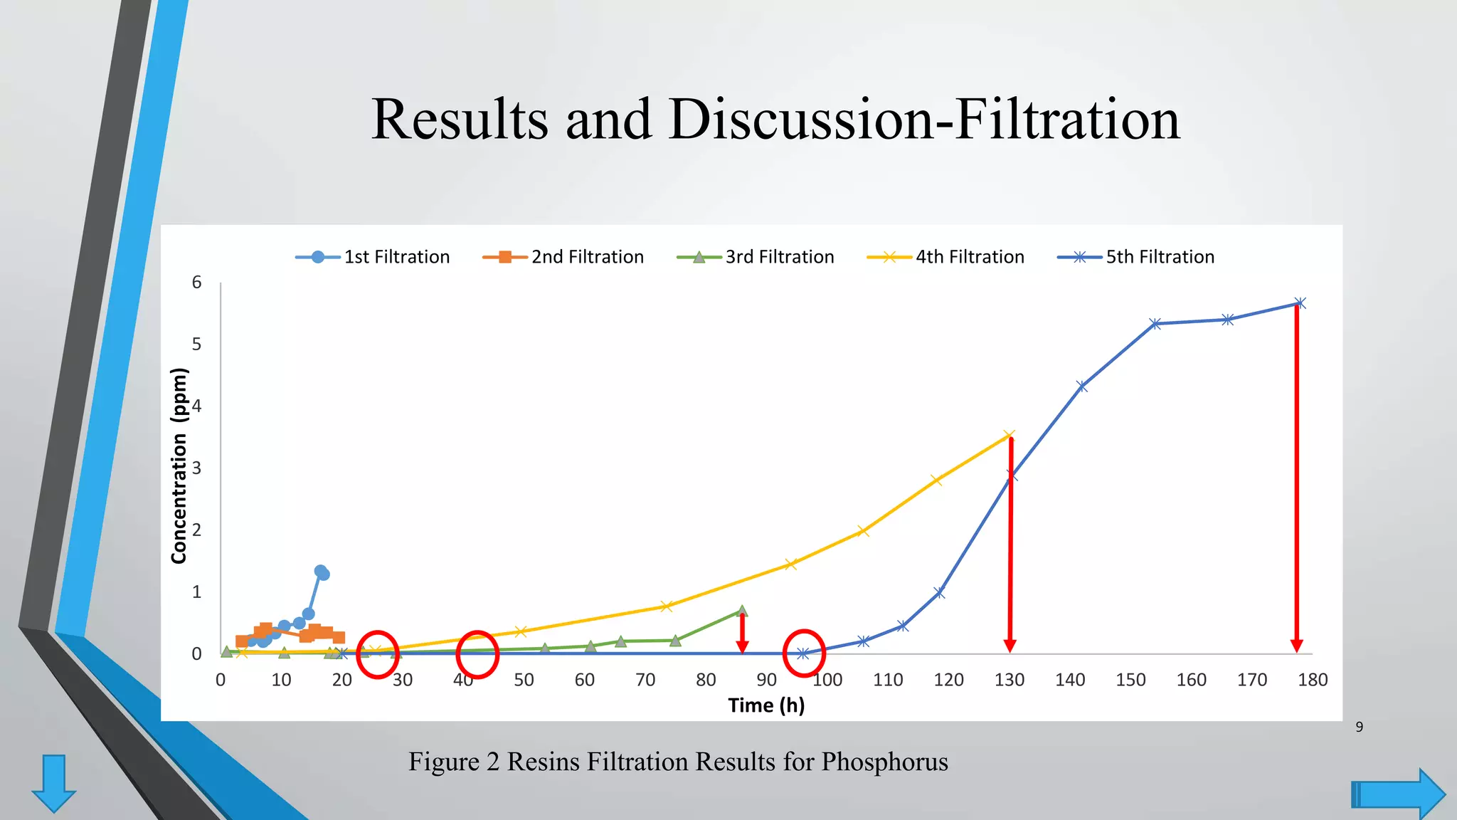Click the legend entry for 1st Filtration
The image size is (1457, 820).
pos(373,257)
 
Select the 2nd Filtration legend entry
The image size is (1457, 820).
pos(563,257)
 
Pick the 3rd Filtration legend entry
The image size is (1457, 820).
pos(756,257)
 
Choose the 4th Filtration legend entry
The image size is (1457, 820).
pos(946,257)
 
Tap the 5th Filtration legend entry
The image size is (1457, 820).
pos(1136,257)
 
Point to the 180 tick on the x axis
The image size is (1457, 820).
pos(1312,680)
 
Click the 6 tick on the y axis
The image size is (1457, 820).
pos(196,283)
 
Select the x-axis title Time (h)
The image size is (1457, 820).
pos(766,705)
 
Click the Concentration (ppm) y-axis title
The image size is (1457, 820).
pos(179,466)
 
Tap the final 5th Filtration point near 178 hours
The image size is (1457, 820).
pos(1300,303)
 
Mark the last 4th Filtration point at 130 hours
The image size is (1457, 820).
pos(1009,435)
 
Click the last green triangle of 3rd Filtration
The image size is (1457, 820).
pos(742,610)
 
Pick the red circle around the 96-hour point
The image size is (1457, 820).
pos(804,653)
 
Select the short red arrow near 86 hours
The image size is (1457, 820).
pos(742,633)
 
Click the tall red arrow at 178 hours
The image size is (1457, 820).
pos(1297,477)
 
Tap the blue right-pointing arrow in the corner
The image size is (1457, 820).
pos(1398,794)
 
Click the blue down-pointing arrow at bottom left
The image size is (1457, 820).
pos(54,783)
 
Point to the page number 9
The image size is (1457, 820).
pos(1359,727)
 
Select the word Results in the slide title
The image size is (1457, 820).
pos(460,119)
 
